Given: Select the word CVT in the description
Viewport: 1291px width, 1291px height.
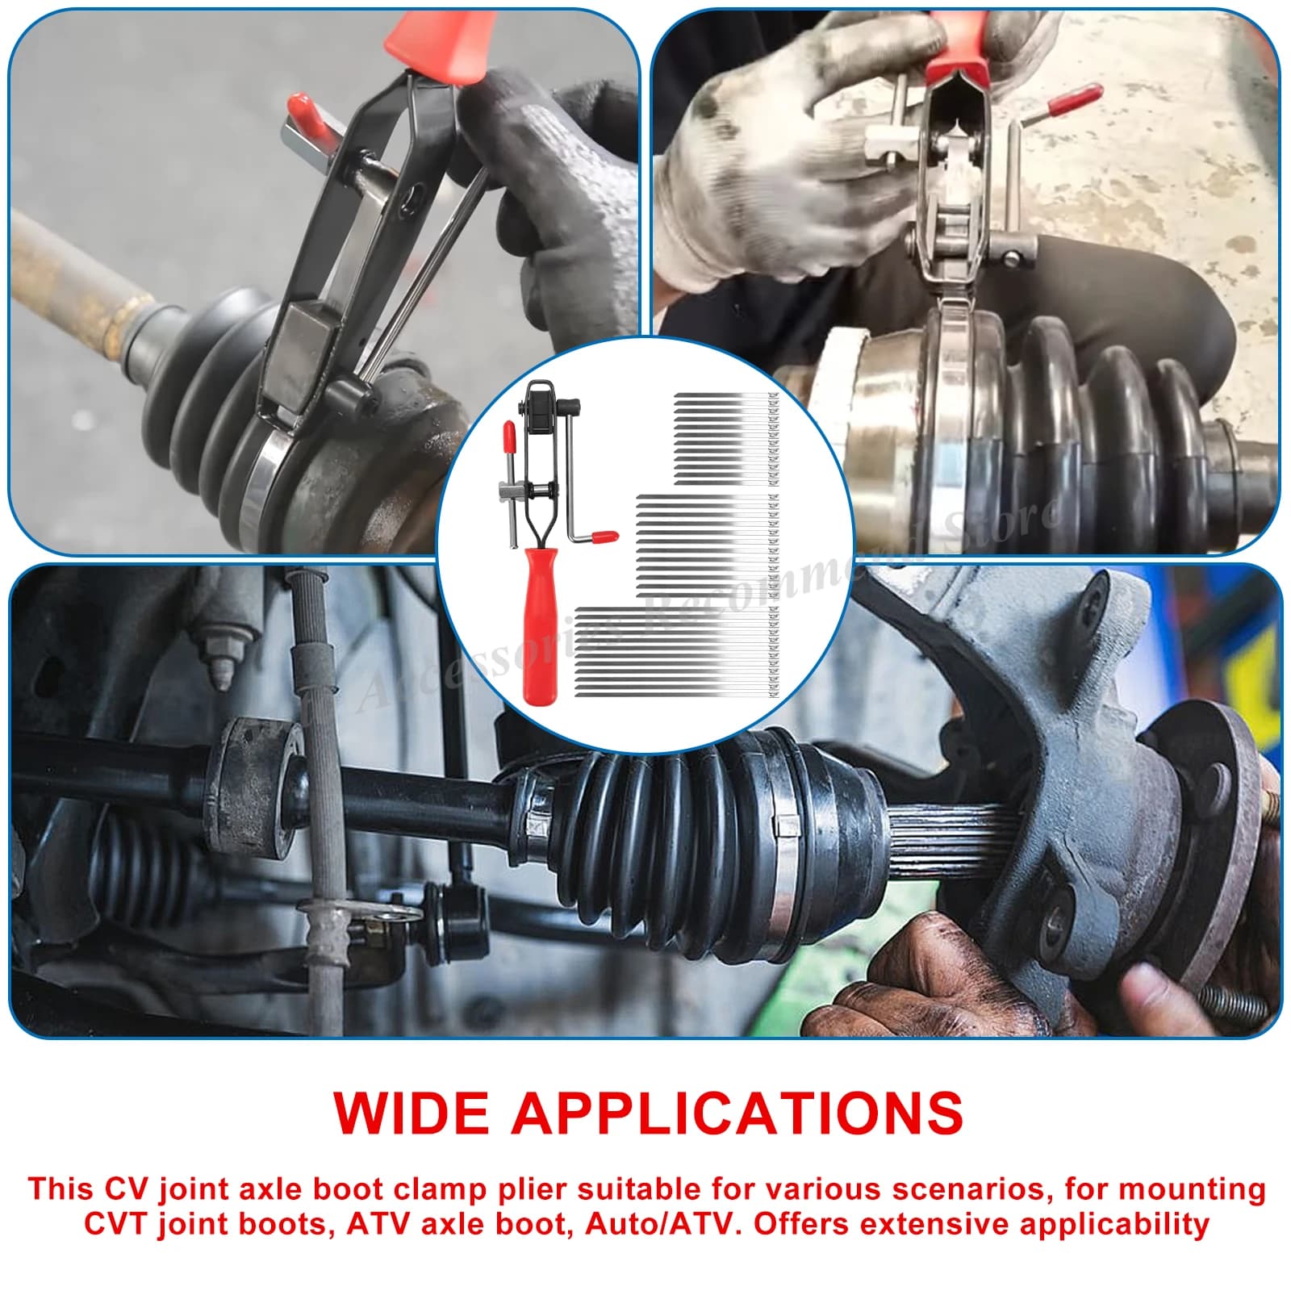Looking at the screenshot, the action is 118,1224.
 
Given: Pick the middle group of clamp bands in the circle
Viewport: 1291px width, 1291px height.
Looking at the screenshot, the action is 706,545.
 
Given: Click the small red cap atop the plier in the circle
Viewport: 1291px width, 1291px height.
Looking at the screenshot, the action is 509,435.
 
